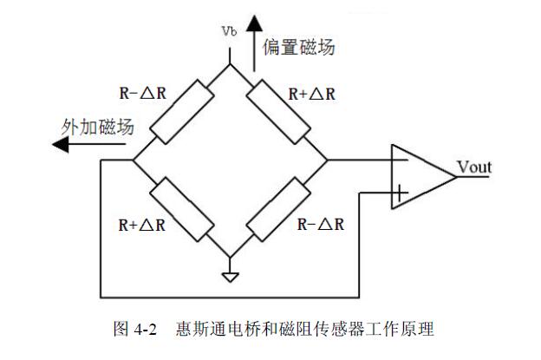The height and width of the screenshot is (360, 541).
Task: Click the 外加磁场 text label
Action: [x=96, y=127]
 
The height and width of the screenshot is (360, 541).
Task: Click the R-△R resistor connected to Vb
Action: [x=180, y=114]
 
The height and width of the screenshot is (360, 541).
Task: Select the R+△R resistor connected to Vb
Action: [x=278, y=114]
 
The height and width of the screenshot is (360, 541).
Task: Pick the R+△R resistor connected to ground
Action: [x=180, y=208]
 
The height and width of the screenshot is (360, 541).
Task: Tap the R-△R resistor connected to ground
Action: [x=278, y=208]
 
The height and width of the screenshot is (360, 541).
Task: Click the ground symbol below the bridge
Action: [x=230, y=277]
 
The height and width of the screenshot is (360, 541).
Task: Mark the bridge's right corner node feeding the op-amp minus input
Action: [x=327, y=160]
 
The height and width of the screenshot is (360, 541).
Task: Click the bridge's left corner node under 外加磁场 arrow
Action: [x=133, y=160]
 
